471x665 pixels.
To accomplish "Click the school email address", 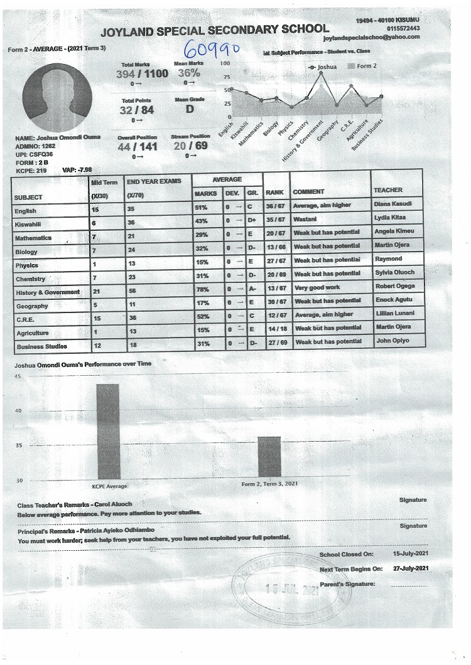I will tap(371, 38).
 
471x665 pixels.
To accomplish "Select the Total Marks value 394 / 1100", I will tap(142, 73).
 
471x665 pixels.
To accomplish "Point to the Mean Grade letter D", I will tap(190, 109).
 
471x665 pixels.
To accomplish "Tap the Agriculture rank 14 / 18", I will tap(277, 328).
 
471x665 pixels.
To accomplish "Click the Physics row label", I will tap(27, 265).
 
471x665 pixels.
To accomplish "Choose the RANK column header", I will tap(275, 192).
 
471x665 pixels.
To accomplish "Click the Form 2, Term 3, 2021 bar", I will tap(269, 457).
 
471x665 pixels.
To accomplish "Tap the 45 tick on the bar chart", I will tap(18, 376).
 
